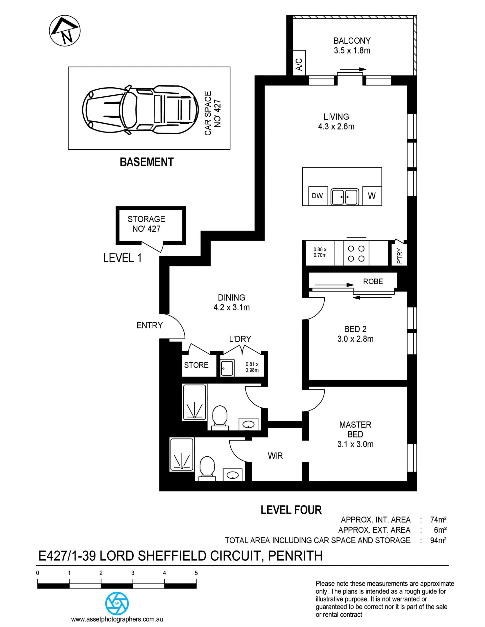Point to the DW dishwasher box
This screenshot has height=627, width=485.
click(x=318, y=196)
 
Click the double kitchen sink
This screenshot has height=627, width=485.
click(x=345, y=197)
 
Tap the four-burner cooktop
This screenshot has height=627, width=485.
click(x=356, y=253)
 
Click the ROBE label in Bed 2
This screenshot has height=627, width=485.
click(x=373, y=281)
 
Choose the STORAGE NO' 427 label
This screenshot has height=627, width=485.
click(x=146, y=224)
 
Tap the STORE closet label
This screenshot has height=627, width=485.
click(x=196, y=365)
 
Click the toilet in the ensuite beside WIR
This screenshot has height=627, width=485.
click(x=207, y=469)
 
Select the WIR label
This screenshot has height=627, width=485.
click(x=275, y=456)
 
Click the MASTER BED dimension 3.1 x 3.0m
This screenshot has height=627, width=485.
click(x=355, y=444)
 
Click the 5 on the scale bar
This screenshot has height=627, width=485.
click(x=197, y=573)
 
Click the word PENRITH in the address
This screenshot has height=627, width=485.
click(x=295, y=556)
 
